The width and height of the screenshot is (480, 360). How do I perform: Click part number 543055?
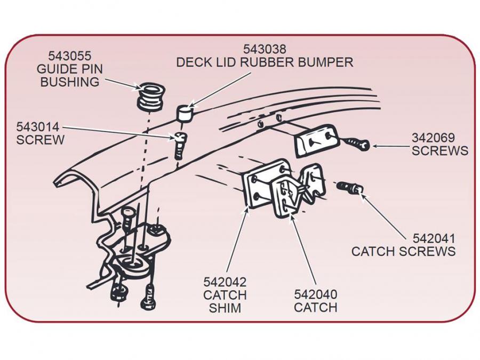[69, 56]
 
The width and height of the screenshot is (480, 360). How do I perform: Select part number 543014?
[37, 127]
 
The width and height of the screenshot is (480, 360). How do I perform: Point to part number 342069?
[433, 137]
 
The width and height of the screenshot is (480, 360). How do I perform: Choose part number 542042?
[225, 281]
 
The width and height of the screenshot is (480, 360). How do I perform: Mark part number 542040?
[316, 294]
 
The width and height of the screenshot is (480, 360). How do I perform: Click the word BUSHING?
[69, 82]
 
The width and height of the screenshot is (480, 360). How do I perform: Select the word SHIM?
[225, 308]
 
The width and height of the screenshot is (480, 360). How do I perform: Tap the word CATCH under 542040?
[316, 308]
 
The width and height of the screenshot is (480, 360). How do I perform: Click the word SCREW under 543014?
[40, 140]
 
